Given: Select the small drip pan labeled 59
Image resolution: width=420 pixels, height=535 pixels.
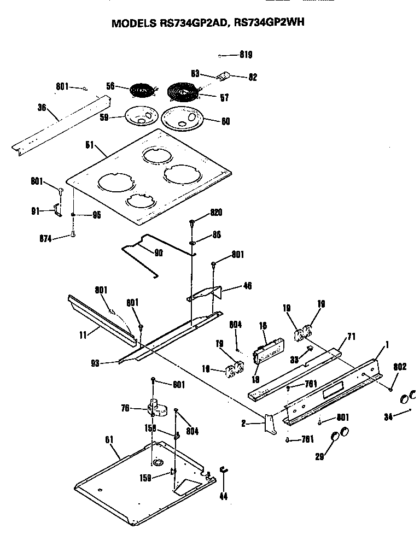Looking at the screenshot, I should tap(141, 116).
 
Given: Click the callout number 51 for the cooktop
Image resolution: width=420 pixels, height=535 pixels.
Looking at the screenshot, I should tap(90, 145).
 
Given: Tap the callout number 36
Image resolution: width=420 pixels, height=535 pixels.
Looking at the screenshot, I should tap(42, 108).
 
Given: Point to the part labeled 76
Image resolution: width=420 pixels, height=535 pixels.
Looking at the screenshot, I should tap(156, 405).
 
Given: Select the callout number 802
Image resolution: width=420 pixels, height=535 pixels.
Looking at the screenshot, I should tap(400, 367).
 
